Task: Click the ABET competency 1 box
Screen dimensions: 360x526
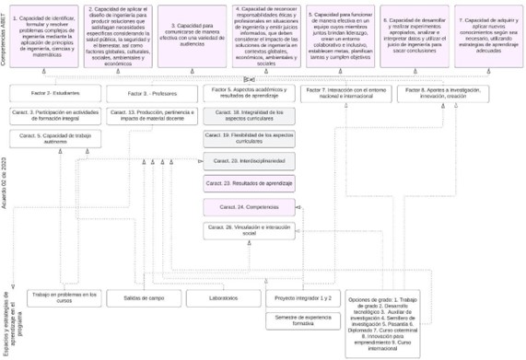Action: coord(46,36)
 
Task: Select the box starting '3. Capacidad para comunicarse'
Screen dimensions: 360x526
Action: coord(193,36)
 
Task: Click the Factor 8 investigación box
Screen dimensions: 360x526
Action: coord(442,94)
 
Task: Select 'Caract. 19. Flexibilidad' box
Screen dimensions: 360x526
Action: coord(248,138)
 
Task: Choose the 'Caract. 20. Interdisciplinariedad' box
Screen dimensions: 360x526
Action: coord(248,161)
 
